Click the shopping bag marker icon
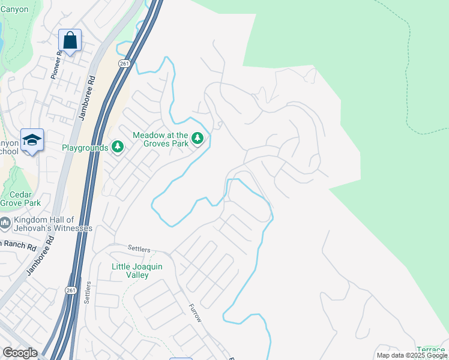click(x=70, y=41)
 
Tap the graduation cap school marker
click(x=31, y=140)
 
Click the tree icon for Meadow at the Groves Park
click(x=197, y=140)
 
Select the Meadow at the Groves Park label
click(x=160, y=140)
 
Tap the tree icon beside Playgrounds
click(x=117, y=147)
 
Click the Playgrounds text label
click(x=85, y=147)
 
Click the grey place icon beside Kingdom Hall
click(x=5, y=224)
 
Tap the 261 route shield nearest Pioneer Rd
click(x=124, y=64)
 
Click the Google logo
click(x=20, y=353)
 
